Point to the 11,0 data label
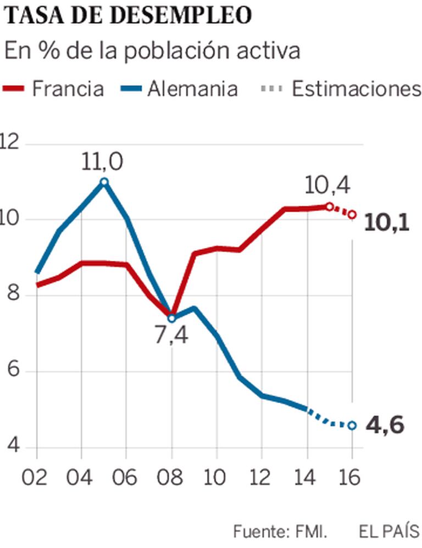103,162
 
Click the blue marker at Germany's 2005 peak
104,182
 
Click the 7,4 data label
170,334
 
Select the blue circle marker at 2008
171,318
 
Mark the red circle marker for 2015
329,206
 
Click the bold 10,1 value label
387,222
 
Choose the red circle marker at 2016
352,214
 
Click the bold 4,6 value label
385,425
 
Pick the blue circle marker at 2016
352,425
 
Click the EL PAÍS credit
390,532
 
